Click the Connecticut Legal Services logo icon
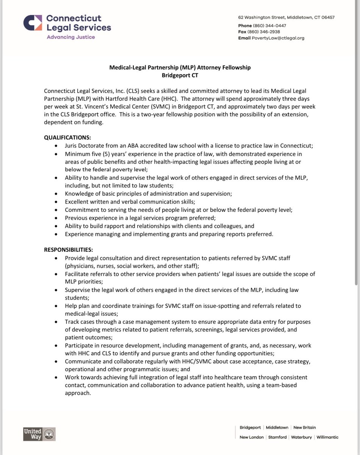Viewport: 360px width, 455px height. click(x=33, y=23)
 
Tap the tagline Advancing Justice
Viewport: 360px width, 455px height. click(x=70, y=37)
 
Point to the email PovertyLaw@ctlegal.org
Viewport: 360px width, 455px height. click(x=279, y=38)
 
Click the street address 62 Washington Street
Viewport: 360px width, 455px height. click(x=261, y=17)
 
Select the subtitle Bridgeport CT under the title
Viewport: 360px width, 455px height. click(x=180, y=75)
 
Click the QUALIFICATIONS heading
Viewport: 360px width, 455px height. click(x=67, y=137)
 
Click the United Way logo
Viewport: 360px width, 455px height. click(x=39, y=434)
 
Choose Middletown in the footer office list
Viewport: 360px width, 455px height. click(x=277, y=427)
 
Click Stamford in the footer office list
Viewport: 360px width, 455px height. click(x=277, y=437)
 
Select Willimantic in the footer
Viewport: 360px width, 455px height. click(x=327, y=437)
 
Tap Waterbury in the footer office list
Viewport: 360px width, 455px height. click(x=301, y=437)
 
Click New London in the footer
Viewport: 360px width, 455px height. click(x=252, y=437)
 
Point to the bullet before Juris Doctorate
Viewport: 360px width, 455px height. click(x=56, y=146)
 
